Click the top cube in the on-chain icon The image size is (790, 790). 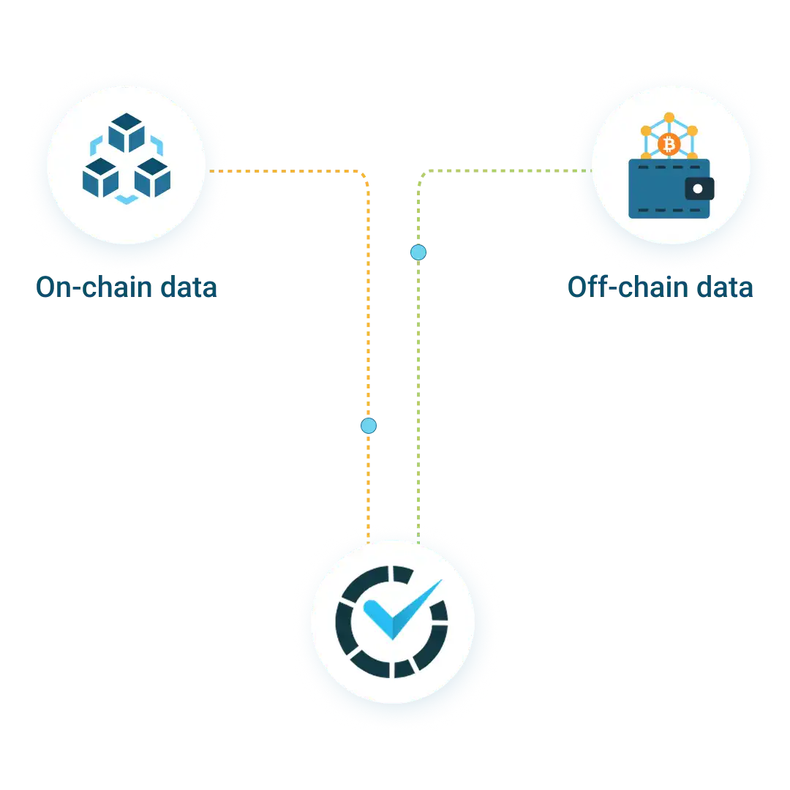pos(127,132)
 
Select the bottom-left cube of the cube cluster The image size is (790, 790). pos(100,178)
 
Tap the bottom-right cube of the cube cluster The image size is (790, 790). pos(153,178)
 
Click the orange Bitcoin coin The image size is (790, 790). pos(669,144)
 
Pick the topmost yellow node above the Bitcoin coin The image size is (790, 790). pos(669,117)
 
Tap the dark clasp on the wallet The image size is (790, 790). pos(699,189)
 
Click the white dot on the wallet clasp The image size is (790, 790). pos(698,189)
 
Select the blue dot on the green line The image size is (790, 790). pos(418,252)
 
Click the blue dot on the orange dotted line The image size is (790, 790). pos(369,425)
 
